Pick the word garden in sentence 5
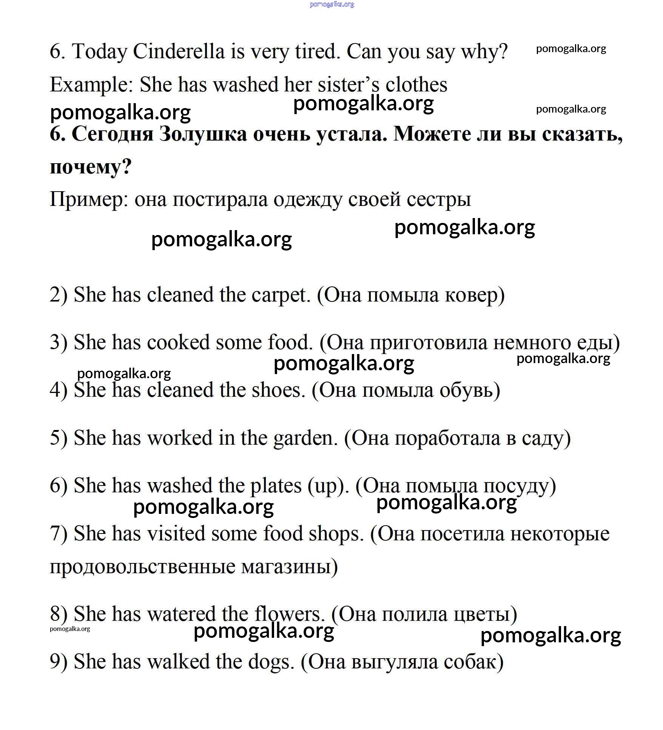tap(305, 438)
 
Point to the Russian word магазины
tap(289, 567)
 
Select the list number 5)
tap(59, 438)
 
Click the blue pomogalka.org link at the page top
tap(332, 4)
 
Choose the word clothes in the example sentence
tap(416, 85)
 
